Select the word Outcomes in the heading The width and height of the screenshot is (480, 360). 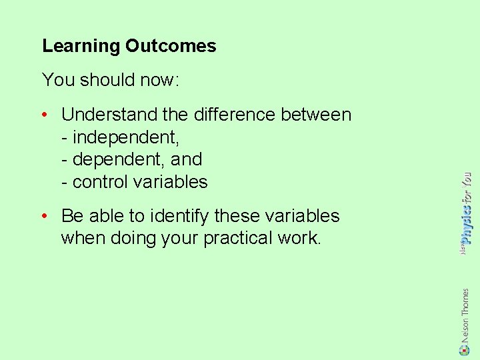pos(171,46)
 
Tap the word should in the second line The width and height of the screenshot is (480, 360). pos(109,80)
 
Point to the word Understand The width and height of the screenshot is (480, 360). pos(109,115)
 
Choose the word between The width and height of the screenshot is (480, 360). pos(316,115)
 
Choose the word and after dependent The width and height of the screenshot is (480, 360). pos(187,159)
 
